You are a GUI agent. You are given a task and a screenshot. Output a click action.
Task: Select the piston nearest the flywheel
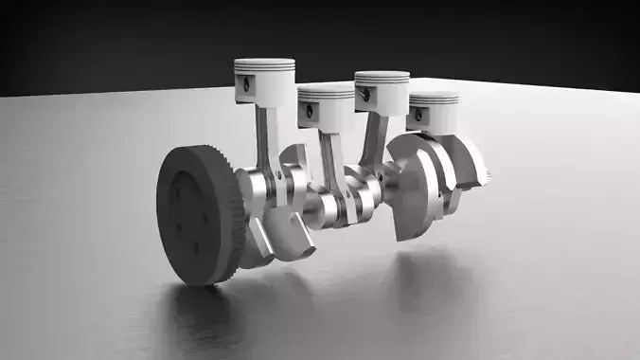pyautogui.click(x=264, y=83)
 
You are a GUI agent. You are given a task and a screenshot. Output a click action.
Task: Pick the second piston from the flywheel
pyautogui.click(x=324, y=105)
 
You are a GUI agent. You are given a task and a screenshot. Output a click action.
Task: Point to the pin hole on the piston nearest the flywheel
pyautogui.click(x=245, y=87)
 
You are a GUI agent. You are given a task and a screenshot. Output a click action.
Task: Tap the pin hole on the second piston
pyautogui.click(x=308, y=110)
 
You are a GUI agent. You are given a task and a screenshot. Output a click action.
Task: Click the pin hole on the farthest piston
pyautogui.click(x=418, y=115)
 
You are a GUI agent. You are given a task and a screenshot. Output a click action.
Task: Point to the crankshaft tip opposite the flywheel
pyautogui.click(x=485, y=174)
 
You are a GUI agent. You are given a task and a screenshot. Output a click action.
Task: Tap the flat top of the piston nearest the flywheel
pyautogui.click(x=265, y=63)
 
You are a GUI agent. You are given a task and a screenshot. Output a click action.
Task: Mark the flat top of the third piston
pyautogui.click(x=381, y=74)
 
